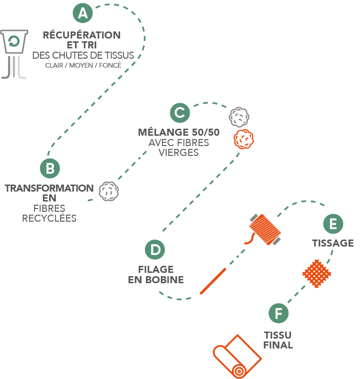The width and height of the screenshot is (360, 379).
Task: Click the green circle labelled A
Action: coord(83,13)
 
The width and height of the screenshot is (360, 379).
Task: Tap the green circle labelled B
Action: coord(50,167)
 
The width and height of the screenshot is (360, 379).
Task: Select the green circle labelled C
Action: coord(180,113)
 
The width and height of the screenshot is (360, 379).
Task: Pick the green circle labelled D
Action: coord(155,249)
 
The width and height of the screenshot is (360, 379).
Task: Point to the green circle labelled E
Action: coord(333,224)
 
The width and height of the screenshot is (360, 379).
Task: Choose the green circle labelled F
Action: coord(279,313)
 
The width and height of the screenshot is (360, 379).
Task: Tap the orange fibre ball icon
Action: coord(243,139)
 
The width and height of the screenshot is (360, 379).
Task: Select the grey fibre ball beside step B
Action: coord(108,191)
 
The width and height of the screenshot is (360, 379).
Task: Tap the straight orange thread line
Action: coord(214,280)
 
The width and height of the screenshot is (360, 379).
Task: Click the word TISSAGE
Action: coord(333,243)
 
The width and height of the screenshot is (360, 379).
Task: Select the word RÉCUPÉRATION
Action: coord(82,35)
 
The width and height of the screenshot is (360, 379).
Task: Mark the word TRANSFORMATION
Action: coord(49,188)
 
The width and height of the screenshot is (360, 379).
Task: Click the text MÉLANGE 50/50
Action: coord(179,132)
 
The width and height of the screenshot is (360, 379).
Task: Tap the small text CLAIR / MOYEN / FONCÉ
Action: coord(84,65)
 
